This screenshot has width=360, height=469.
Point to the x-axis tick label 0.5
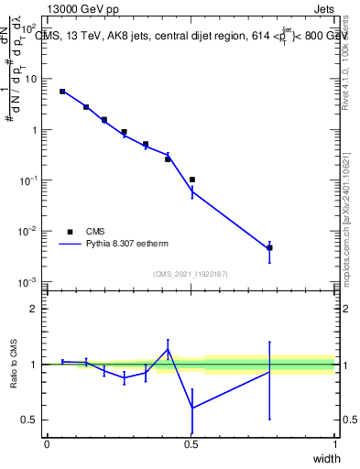point(191,444)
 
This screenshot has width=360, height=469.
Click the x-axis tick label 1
point(334,444)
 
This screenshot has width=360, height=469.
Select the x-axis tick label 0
point(47,444)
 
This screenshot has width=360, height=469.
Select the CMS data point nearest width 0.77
point(269,247)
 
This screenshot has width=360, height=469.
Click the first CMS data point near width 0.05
point(62,92)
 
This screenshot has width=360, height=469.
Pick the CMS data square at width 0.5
point(191,180)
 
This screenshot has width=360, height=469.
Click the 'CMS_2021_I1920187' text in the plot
point(191,274)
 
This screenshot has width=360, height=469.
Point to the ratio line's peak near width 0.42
point(168,349)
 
